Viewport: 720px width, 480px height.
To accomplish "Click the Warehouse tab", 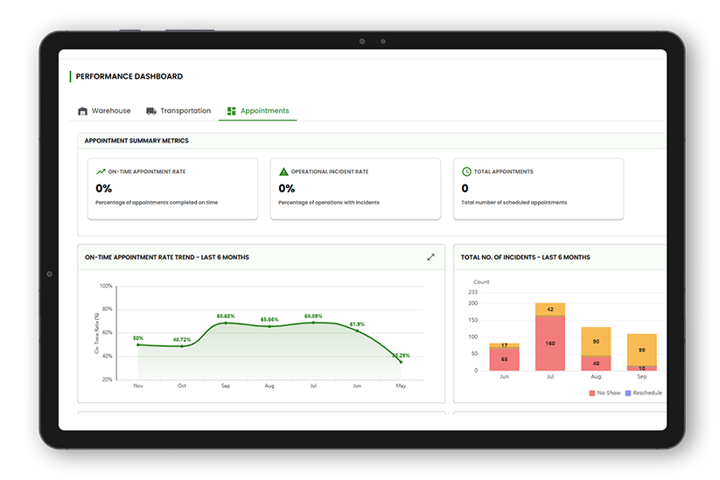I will point(104,111).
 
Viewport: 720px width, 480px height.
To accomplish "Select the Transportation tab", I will point(178,111).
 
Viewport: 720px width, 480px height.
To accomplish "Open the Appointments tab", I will point(257,111).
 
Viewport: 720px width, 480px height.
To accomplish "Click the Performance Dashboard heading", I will point(129,77).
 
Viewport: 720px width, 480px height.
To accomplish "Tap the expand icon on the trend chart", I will point(430,257).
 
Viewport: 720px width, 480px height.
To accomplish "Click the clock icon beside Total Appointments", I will point(466,171).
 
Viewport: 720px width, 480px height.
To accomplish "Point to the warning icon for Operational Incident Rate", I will point(283,171).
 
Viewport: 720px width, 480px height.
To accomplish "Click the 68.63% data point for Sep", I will point(227,323).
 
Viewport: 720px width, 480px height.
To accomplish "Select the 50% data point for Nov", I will point(138,344).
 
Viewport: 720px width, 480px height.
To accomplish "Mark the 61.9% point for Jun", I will point(356,330).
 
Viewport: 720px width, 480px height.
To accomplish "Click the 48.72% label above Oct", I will point(182,339).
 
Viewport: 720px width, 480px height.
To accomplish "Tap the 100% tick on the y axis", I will point(106,286).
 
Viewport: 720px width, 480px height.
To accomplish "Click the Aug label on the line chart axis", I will point(269,385).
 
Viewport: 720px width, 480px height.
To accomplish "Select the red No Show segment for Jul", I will point(550,343).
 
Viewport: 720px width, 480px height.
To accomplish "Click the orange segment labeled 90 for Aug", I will point(596,341).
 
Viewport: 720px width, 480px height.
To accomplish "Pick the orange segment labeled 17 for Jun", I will point(504,345).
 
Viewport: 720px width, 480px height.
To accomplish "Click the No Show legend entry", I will point(605,393).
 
